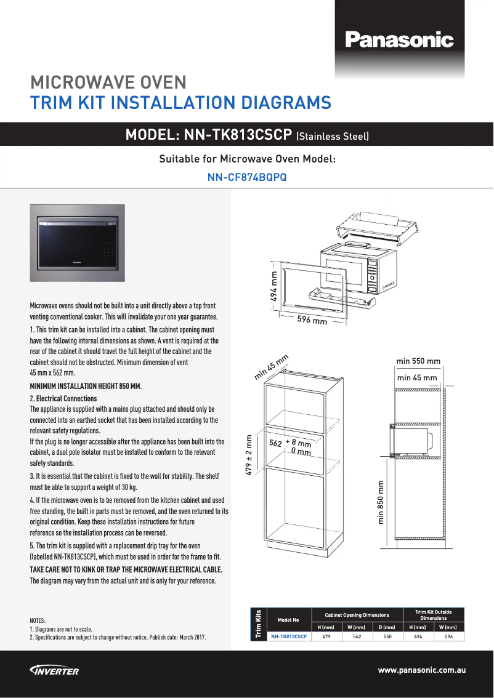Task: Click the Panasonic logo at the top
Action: coord(399,41)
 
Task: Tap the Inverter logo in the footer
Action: coord(54,670)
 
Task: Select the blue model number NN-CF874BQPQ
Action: coord(246,178)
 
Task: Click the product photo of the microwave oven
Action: coord(78,243)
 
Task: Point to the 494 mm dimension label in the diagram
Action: coord(273,287)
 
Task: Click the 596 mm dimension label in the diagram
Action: coord(312,321)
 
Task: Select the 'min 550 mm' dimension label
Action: coord(418,361)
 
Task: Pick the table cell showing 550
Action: coord(387,636)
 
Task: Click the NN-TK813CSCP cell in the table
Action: coord(289,636)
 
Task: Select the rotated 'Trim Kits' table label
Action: coord(258,623)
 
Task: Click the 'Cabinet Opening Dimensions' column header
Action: coord(357,615)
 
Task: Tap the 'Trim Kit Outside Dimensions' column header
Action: coord(434,615)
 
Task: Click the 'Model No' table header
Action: coord(288,620)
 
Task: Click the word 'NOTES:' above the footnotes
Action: coord(38,621)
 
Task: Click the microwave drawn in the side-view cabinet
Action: coord(411,441)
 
